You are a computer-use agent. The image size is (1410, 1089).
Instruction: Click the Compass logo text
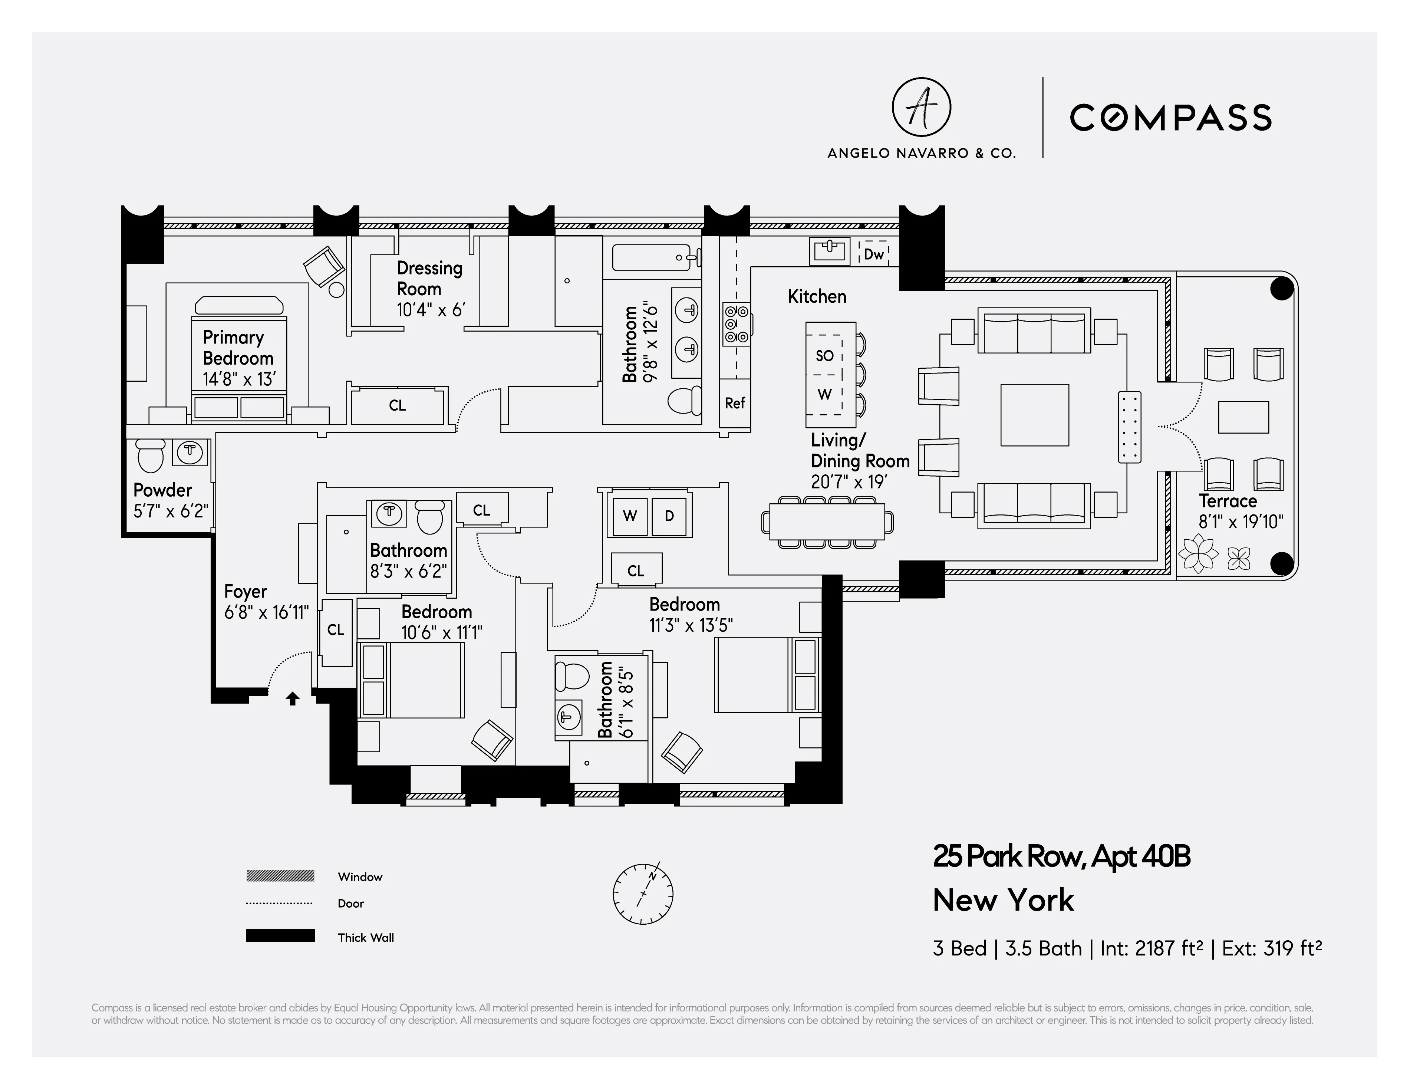pos(1170,118)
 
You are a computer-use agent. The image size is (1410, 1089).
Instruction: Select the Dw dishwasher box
pos(873,254)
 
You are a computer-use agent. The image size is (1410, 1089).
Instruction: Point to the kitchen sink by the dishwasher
pos(829,250)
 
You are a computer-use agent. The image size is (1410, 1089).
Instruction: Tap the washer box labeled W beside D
pos(629,516)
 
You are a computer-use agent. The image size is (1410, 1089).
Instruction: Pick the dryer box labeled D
pos(669,516)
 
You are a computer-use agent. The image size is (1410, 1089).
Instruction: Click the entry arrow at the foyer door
pos(293,698)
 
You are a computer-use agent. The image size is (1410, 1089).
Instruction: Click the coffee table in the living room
pos(1034,415)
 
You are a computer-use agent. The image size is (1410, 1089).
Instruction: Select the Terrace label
pos(1227,501)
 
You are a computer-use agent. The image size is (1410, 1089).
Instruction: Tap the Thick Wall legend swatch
pos(280,936)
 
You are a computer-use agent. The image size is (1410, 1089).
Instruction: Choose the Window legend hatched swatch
pos(280,876)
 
